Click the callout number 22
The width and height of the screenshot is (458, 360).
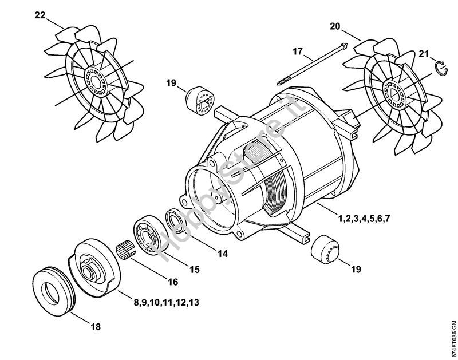(x=40, y=15)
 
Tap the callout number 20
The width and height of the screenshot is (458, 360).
(x=335, y=26)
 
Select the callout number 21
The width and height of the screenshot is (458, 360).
(x=424, y=54)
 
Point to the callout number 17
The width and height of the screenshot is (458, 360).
(x=298, y=52)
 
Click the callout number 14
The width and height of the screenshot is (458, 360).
(x=223, y=254)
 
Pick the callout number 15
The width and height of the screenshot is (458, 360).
(x=194, y=269)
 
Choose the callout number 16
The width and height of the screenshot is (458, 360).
(x=173, y=282)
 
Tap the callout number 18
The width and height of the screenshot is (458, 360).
(x=96, y=326)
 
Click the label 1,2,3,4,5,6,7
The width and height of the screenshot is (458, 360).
(x=364, y=219)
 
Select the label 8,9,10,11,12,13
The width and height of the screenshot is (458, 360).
(x=167, y=302)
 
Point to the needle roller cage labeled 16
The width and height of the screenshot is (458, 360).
(x=126, y=251)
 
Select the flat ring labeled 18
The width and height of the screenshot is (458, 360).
(x=53, y=291)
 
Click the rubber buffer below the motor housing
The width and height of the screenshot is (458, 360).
(x=325, y=249)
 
